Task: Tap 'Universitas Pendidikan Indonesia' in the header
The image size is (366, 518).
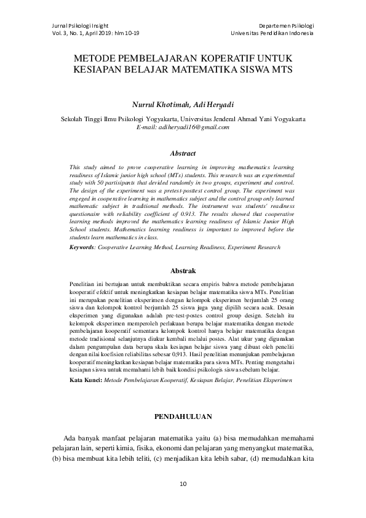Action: coord(272,32)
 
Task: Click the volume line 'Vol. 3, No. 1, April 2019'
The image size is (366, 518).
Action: coord(73,32)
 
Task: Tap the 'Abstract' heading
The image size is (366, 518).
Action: coord(183,153)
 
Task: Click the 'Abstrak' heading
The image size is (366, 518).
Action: coord(183,270)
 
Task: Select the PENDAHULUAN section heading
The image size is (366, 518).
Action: coord(183,416)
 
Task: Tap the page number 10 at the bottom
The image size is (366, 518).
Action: coord(183,484)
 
